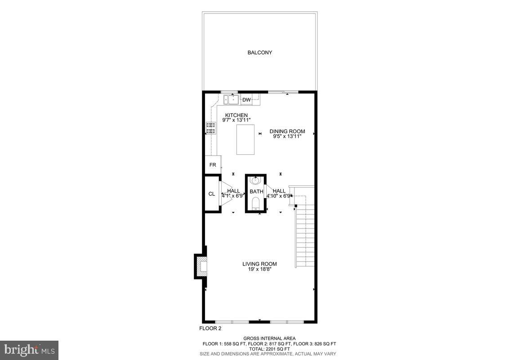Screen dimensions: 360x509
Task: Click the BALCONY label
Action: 260,53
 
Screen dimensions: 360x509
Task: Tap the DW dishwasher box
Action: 246,100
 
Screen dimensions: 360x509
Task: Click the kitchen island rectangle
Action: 246,139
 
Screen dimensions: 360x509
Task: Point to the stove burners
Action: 210,128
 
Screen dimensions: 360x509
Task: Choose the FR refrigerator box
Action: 213,165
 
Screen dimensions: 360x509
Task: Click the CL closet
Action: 211,194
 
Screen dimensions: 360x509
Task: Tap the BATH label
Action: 256,192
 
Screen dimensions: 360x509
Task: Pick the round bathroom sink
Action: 255,181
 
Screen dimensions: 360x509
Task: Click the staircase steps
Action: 304,238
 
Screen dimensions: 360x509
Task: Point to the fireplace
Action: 201,266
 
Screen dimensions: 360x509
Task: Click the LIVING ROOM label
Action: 260,264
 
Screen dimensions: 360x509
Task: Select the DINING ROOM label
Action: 287,131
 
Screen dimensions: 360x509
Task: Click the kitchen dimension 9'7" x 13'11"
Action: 237,120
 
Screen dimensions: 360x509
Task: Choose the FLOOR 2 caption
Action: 210,328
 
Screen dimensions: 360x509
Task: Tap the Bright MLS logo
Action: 29,350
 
